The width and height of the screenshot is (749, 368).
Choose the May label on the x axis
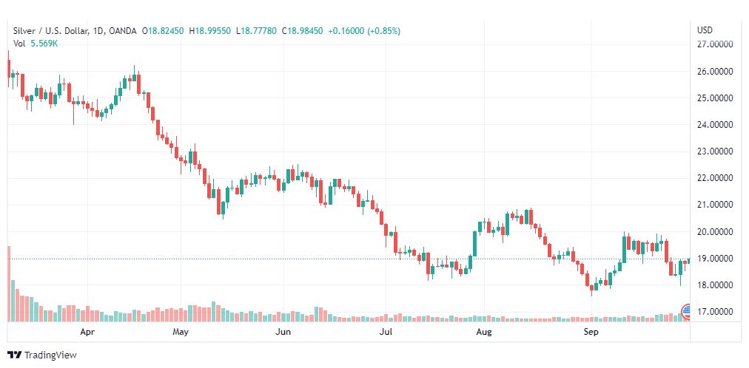pyautogui.click(x=181, y=333)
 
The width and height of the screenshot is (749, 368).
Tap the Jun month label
pyautogui.click(x=283, y=333)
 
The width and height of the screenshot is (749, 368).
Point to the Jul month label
pyautogui.click(x=384, y=333)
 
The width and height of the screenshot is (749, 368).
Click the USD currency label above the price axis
pyautogui.click(x=705, y=30)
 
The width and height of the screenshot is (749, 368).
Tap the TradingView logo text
pyautogui.click(x=50, y=355)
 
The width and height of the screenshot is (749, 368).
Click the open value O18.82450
pyautogui.click(x=165, y=31)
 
